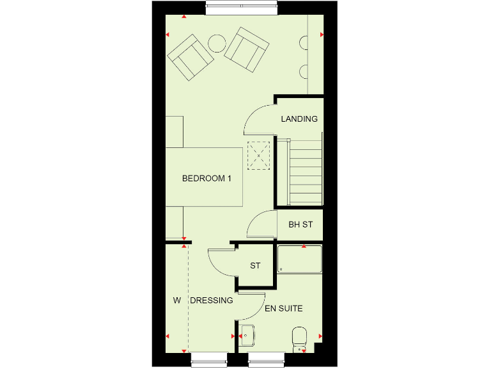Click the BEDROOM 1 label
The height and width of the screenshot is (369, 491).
click(x=207, y=179)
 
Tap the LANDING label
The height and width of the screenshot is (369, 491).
click(x=299, y=119)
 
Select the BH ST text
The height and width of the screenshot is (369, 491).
click(x=300, y=225)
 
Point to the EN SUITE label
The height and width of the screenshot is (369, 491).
click(x=284, y=309)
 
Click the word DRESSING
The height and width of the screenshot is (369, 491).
click(x=212, y=300)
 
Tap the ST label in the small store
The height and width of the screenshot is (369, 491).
click(x=255, y=265)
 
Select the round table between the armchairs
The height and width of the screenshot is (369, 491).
click(x=217, y=44)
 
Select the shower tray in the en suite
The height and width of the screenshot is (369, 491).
click(x=299, y=259)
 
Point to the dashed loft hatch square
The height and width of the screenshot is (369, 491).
click(x=260, y=156)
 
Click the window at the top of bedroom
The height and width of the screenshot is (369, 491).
click(x=242, y=8)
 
